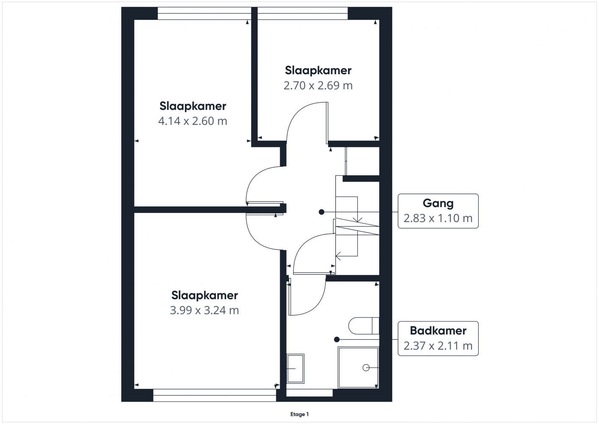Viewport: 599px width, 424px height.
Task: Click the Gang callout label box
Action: pos(438,211)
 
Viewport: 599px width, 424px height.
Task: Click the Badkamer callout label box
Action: pos(438,338)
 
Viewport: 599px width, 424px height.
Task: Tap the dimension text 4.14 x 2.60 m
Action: pos(192,121)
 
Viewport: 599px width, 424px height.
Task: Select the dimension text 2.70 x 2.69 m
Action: pos(318,86)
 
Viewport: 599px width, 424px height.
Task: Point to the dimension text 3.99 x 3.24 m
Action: pos(204,310)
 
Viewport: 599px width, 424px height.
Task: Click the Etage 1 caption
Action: pos(299,414)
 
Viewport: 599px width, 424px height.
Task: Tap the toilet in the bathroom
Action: pos(364,326)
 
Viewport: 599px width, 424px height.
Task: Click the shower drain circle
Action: pos(366,368)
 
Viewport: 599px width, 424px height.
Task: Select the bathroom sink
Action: pos(295,368)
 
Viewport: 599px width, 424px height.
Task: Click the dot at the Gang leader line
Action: pos(322,212)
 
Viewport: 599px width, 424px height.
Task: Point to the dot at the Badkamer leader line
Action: pos(337,340)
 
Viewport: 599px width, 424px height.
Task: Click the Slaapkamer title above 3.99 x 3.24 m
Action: pos(205,296)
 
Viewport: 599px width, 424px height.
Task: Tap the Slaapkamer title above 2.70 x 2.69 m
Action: pos(318,71)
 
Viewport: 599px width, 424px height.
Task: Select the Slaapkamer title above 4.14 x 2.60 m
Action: pos(193,106)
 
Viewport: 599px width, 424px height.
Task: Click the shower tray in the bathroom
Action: pos(358,367)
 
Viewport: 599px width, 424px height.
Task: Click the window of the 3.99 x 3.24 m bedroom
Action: pos(215,395)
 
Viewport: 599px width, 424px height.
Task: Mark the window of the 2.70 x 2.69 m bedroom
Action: pos(302,14)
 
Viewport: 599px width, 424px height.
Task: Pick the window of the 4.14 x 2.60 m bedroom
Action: pos(204,14)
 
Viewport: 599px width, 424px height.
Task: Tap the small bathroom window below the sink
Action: pos(309,393)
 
